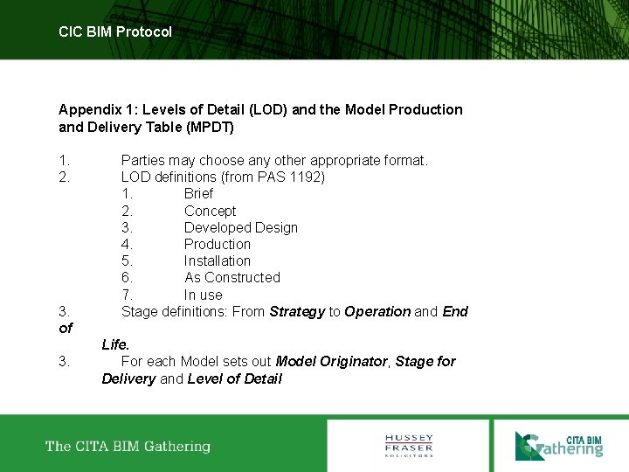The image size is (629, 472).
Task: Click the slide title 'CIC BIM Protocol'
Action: click(x=115, y=31)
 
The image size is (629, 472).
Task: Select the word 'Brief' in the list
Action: click(x=198, y=194)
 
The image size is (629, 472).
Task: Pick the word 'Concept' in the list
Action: click(x=210, y=211)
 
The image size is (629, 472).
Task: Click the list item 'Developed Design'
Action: click(x=240, y=227)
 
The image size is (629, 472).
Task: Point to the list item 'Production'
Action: click(x=217, y=244)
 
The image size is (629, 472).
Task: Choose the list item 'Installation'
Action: click(x=217, y=260)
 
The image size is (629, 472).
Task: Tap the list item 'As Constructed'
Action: click(x=232, y=277)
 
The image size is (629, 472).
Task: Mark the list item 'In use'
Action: click(x=203, y=295)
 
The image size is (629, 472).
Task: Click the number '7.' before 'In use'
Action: click(x=128, y=295)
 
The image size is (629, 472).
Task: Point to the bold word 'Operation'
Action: click(x=377, y=311)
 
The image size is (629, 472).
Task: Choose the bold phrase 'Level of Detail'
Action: click(x=234, y=378)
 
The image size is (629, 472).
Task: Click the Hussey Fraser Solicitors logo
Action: click(x=409, y=445)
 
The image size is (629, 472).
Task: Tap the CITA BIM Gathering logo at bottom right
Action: click(x=558, y=445)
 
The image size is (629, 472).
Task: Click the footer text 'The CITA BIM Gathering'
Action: click(x=128, y=447)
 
